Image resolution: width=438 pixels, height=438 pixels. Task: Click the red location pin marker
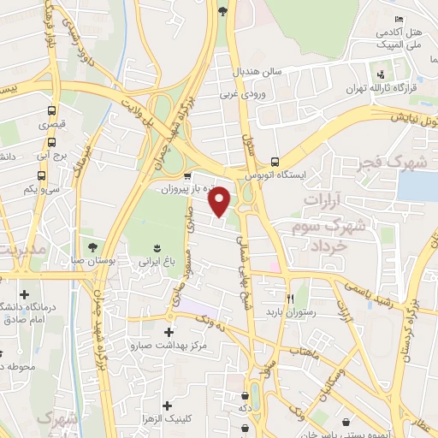pyautogui.click(x=220, y=200)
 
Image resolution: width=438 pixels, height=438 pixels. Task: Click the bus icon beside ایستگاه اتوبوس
pyautogui.click(x=274, y=161)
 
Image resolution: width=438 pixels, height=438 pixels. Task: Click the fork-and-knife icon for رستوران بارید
pyautogui.click(x=290, y=299)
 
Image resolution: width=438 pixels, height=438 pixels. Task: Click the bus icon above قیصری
pyautogui.click(x=52, y=110)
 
